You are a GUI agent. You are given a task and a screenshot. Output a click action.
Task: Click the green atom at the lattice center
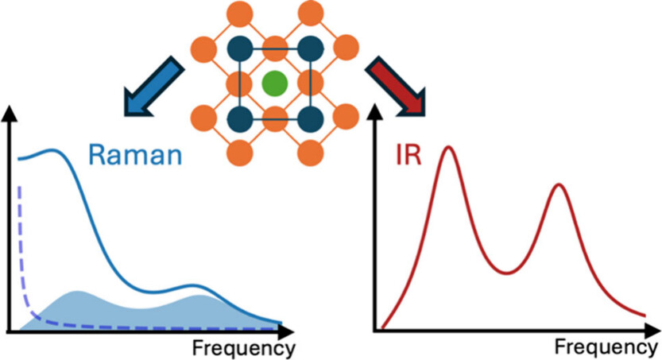(x=274, y=83)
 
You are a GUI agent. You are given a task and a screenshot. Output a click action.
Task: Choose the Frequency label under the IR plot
(x=606, y=348)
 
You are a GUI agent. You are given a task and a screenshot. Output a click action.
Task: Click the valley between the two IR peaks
(x=506, y=273)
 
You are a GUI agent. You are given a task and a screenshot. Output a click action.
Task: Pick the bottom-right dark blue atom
(x=311, y=120)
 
